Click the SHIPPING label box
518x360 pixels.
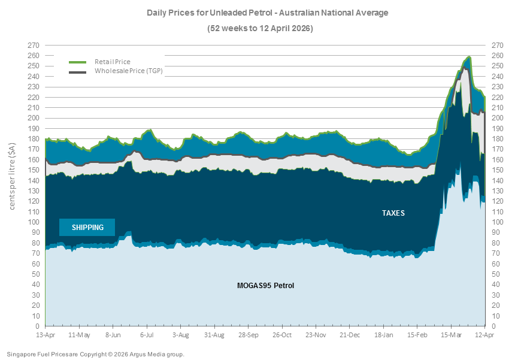coord(87,228)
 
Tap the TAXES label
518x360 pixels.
coord(393,213)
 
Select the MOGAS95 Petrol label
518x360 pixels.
coord(265,286)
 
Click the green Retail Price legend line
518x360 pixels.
coord(78,62)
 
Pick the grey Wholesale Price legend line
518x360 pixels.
coord(78,72)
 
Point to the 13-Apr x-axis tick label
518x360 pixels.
coord(46,334)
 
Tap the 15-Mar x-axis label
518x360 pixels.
coord(451,334)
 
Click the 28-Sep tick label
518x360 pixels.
coord(249,334)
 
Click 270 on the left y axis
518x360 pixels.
coord(35,45)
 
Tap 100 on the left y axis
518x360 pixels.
coord(35,222)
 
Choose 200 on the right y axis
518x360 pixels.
coord(496,118)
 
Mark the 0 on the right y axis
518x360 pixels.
coord(493,326)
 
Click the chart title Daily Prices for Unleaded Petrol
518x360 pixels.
coord(259,12)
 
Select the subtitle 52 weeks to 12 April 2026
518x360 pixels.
coord(259,28)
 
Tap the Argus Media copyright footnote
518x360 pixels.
coord(96,354)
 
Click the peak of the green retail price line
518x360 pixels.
coord(469,57)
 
